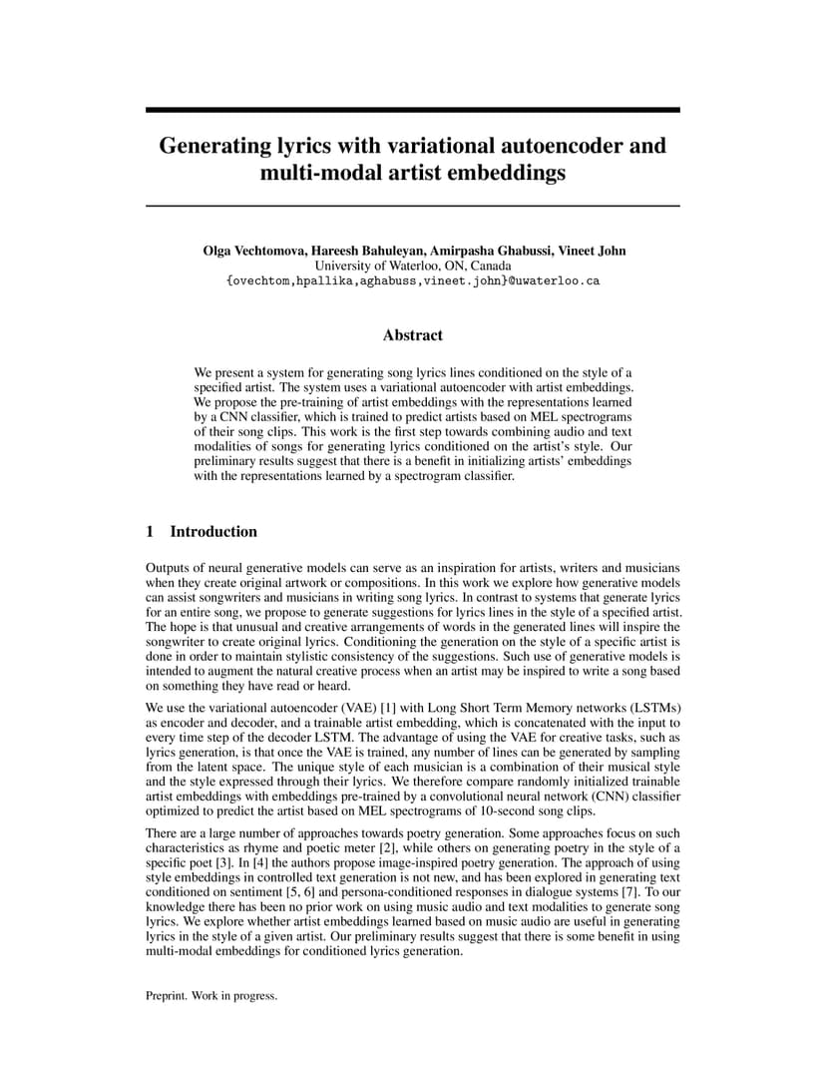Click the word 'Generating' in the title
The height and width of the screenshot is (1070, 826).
[x=211, y=146]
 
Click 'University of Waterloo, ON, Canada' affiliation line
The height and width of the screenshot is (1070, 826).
[x=413, y=266]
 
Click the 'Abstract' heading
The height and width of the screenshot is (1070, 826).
[x=413, y=335]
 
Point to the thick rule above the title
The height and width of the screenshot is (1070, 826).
[x=413, y=110]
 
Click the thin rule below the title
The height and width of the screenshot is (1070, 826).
[x=413, y=206]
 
